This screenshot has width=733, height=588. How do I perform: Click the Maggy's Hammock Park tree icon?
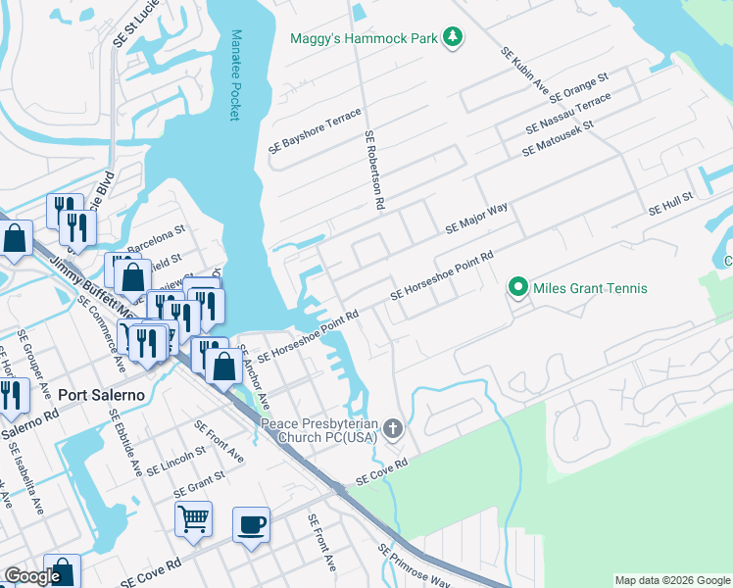pos(452,37)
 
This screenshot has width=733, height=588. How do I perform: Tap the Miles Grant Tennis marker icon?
pos(517,288)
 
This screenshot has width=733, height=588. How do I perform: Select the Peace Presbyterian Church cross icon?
pos(393,428)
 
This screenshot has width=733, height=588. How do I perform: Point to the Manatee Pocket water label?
pos(234,74)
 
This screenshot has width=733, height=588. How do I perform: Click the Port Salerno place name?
pos(102,395)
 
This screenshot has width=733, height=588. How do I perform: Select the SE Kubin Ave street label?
pos(525,73)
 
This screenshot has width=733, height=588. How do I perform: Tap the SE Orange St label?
pos(579,87)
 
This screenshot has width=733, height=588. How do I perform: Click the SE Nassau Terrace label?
pos(568,115)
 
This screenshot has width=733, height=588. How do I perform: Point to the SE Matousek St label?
pos(559,138)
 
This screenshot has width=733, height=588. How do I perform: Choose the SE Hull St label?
pos(670,204)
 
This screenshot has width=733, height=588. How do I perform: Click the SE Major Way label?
pos(476,218)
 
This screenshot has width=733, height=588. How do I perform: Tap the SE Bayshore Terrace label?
pos(316,131)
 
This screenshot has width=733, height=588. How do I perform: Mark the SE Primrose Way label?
pos(414,568)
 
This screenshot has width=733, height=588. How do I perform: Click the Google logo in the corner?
pos(32,576)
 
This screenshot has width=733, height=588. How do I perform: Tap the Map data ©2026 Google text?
pos(671,580)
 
